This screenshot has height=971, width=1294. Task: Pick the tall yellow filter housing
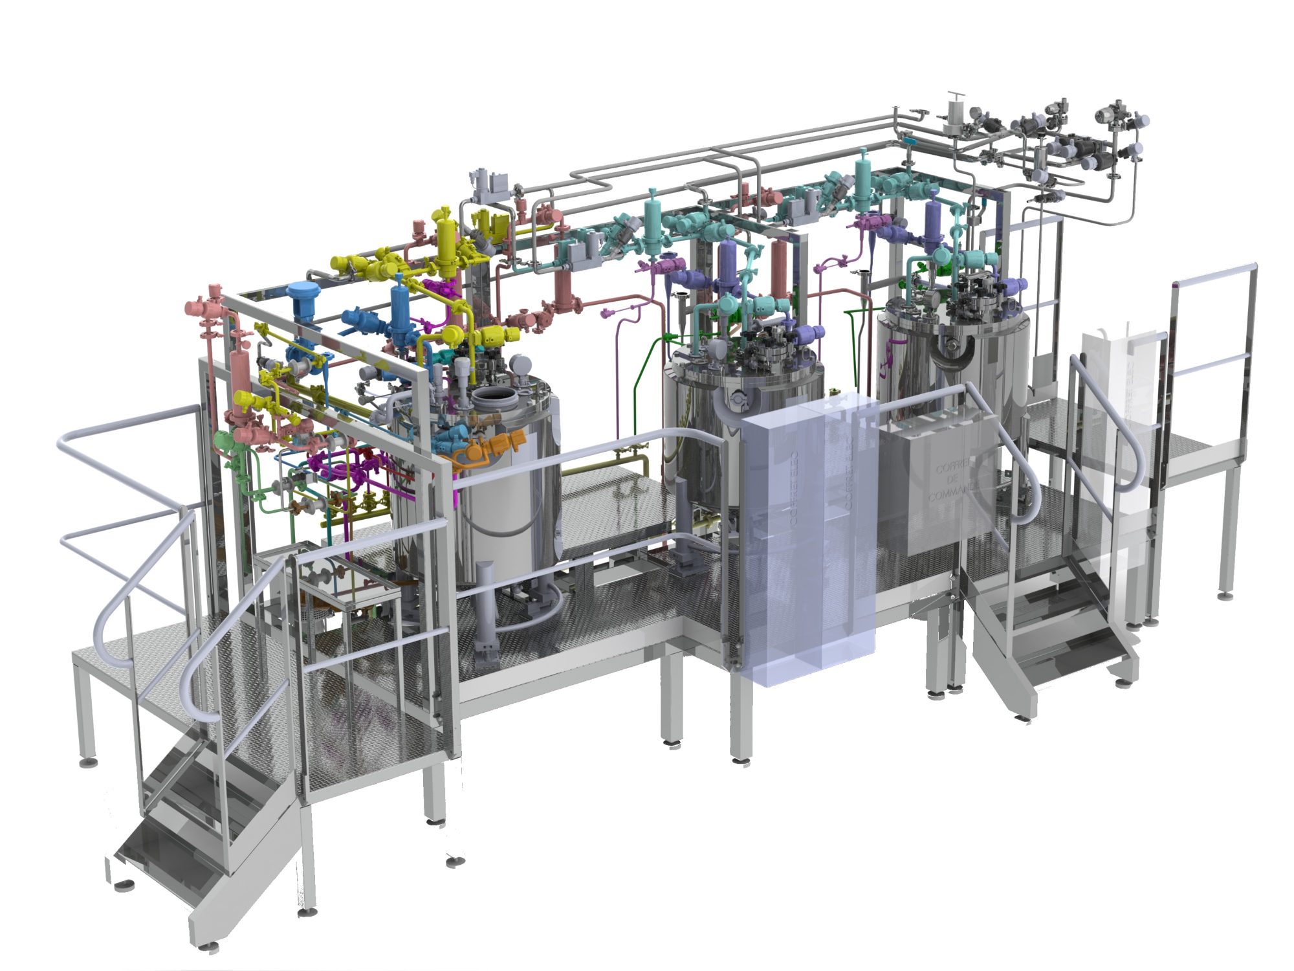point(446,244)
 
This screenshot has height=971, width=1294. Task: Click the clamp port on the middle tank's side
point(738,401)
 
